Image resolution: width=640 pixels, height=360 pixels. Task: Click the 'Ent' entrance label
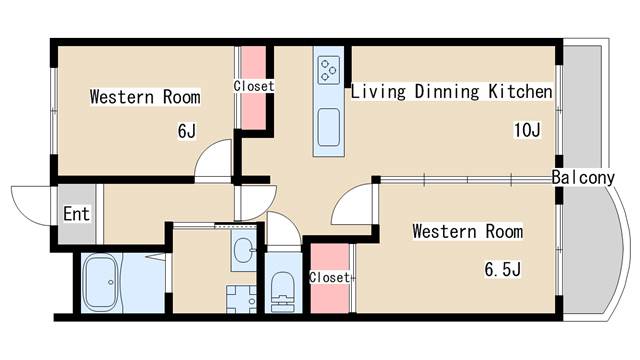76,213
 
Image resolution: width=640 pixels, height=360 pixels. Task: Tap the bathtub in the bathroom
100,283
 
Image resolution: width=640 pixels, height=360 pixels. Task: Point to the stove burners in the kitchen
328,70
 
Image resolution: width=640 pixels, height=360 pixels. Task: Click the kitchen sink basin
329,128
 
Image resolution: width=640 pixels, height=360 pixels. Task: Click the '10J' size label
526,130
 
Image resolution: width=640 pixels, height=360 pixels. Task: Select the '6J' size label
186,130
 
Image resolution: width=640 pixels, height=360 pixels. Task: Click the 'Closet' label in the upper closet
253,86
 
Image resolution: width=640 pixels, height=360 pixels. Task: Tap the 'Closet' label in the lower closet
329,277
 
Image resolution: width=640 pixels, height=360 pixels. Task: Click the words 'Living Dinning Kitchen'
451,92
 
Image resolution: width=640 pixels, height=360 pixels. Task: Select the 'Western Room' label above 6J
144,97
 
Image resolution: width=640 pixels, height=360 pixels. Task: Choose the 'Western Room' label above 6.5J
468,232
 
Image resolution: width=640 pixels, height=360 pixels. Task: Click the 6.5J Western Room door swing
352,208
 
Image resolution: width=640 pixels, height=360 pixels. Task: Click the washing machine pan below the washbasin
240,299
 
